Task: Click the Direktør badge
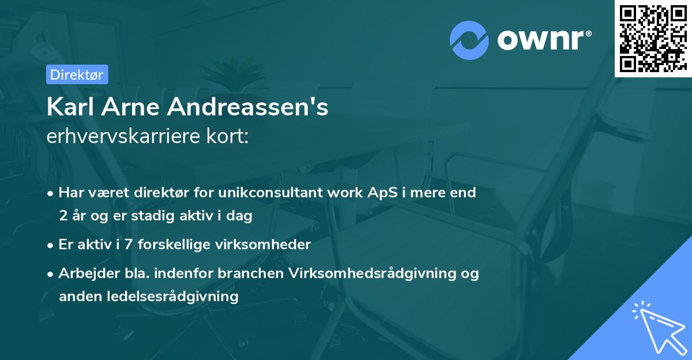coord(76,74)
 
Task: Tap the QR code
coord(652,38)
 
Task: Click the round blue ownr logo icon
coord(469,40)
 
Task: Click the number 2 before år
coord(63,216)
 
